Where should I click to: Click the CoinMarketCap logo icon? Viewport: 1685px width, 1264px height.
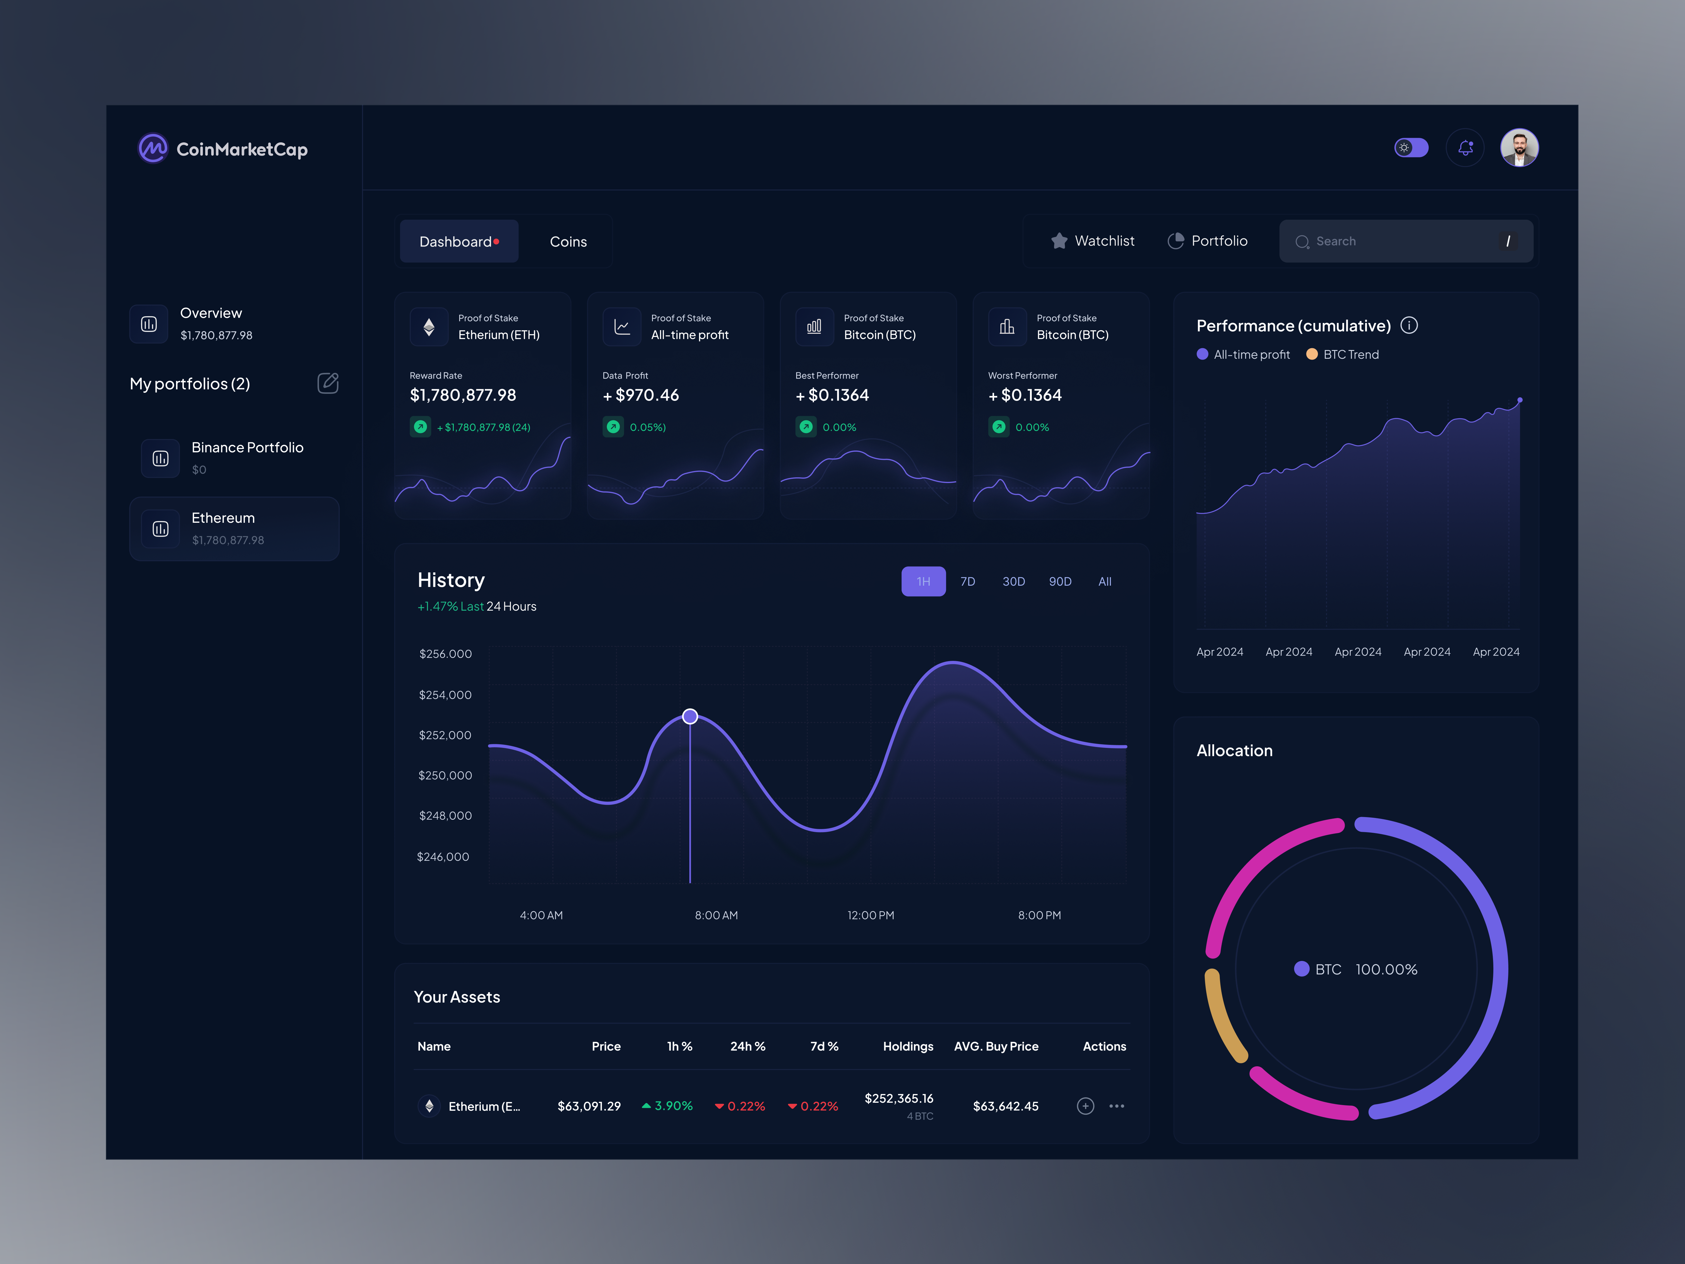point(152,149)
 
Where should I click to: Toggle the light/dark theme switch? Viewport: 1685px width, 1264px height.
point(1411,148)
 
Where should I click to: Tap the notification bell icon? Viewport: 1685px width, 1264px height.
point(1465,148)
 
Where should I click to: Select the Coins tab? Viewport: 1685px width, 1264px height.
point(568,242)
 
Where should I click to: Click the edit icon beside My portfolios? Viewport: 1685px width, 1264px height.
point(328,383)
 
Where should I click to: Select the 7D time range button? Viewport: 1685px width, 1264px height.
point(967,581)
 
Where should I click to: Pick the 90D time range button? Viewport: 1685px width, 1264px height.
point(1060,581)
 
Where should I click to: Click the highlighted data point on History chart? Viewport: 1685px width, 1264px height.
point(690,716)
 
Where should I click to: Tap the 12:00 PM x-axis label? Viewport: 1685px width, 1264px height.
point(871,915)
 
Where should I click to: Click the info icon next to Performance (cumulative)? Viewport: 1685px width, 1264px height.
point(1409,325)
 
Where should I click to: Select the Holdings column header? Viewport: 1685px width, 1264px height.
point(908,1046)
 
